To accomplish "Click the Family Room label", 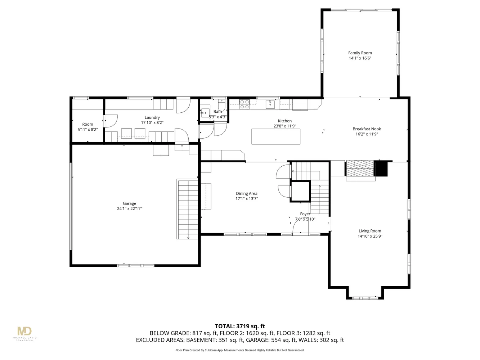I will point(360,53).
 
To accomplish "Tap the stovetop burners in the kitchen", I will point(245,104).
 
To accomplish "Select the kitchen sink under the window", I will point(270,104).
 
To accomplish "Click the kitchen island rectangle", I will point(276,137).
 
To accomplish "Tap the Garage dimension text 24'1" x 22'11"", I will point(129,209).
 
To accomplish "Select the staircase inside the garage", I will point(188,209).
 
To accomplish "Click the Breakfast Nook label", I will point(367,129).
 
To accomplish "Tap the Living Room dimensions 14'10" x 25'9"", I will point(370,237).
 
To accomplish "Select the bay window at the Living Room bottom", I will point(365,298).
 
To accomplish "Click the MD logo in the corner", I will point(24,331).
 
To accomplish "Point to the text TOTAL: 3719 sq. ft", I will point(240,327).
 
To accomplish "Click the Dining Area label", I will point(247,194).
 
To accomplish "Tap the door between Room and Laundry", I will point(110,121).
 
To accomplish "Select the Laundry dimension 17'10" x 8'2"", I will point(152,123).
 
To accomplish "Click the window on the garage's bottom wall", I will point(136,266).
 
